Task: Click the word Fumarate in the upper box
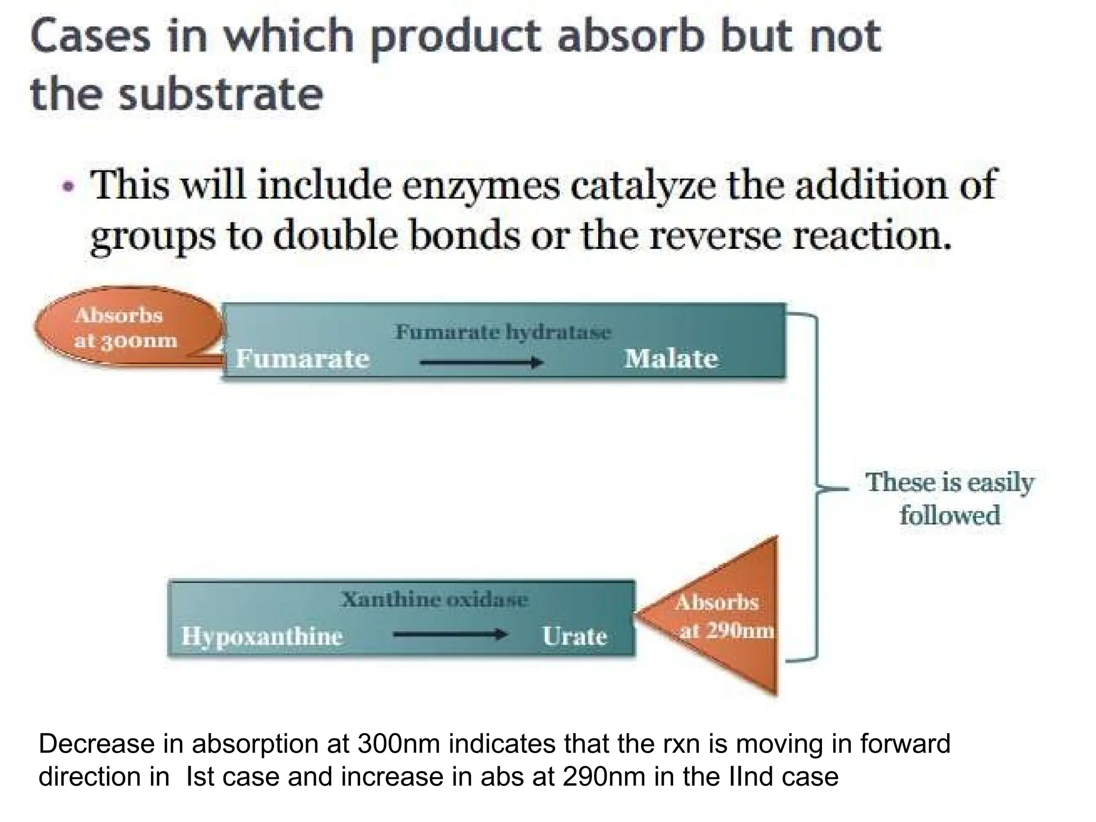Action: click(x=303, y=359)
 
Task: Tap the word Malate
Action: click(x=671, y=359)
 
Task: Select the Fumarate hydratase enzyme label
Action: click(x=503, y=332)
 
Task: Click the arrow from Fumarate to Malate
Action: click(x=482, y=363)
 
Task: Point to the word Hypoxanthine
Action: click(x=262, y=636)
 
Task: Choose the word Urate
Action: click(x=575, y=636)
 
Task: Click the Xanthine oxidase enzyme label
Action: click(x=435, y=599)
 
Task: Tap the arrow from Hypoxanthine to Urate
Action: click(x=450, y=635)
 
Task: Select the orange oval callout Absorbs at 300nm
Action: click(x=126, y=327)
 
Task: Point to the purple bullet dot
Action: click(x=68, y=187)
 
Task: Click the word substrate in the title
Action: click(x=221, y=94)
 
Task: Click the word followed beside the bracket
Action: click(x=949, y=515)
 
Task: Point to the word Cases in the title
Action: click(x=90, y=36)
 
